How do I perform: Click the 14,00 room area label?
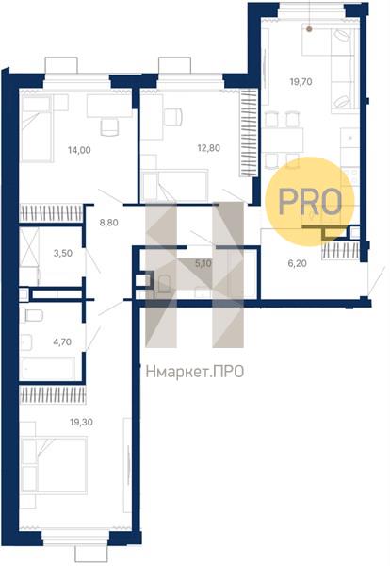(79, 150)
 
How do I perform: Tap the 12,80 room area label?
(209, 148)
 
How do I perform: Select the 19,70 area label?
(301, 82)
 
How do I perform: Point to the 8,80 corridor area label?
(108, 223)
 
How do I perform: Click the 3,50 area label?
(63, 253)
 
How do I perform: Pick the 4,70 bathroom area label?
(62, 341)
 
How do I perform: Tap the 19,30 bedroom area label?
(81, 422)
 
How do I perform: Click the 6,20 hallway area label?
(298, 263)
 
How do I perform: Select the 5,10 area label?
(203, 263)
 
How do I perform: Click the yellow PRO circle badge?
(310, 202)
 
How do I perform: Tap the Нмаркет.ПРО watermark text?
(195, 372)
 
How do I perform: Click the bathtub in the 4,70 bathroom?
(47, 368)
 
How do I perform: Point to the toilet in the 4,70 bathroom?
(32, 315)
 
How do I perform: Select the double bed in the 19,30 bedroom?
(54, 465)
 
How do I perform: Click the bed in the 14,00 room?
(37, 128)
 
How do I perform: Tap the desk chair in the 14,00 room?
(109, 127)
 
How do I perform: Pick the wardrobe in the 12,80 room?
(249, 133)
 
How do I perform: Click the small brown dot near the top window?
(309, 29)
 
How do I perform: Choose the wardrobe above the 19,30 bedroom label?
(53, 395)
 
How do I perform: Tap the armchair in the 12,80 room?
(173, 117)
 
